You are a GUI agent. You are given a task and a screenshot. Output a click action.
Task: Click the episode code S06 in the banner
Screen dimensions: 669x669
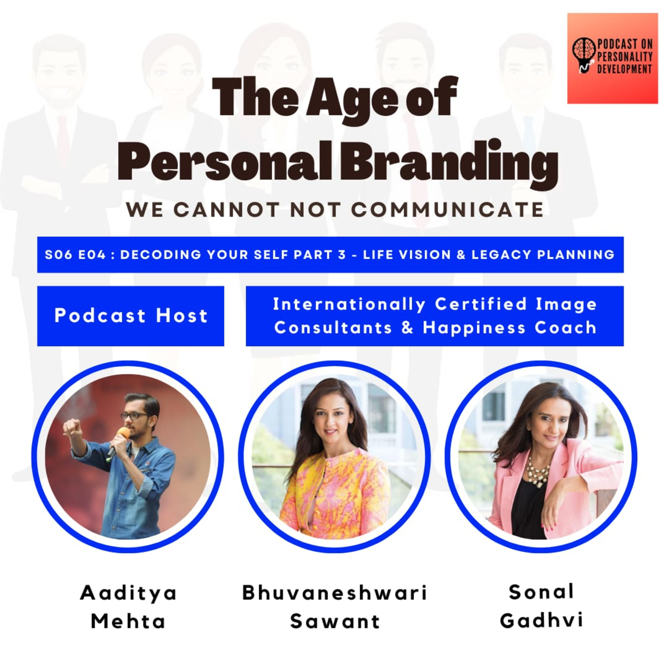(x=58, y=255)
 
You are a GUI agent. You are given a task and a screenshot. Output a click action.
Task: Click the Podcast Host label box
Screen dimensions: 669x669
(x=130, y=316)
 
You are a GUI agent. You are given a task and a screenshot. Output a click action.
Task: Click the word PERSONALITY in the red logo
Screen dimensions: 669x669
(x=625, y=56)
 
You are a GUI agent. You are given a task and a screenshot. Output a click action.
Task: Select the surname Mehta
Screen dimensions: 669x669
(x=128, y=621)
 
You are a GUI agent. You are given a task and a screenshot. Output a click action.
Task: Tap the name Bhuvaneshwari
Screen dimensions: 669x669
(x=334, y=593)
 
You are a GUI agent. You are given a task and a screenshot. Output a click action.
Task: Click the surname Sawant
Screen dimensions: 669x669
(x=335, y=621)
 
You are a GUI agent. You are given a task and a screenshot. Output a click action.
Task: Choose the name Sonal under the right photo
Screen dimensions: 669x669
(x=541, y=592)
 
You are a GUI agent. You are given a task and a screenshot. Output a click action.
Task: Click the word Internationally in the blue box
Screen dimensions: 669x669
(x=349, y=305)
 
